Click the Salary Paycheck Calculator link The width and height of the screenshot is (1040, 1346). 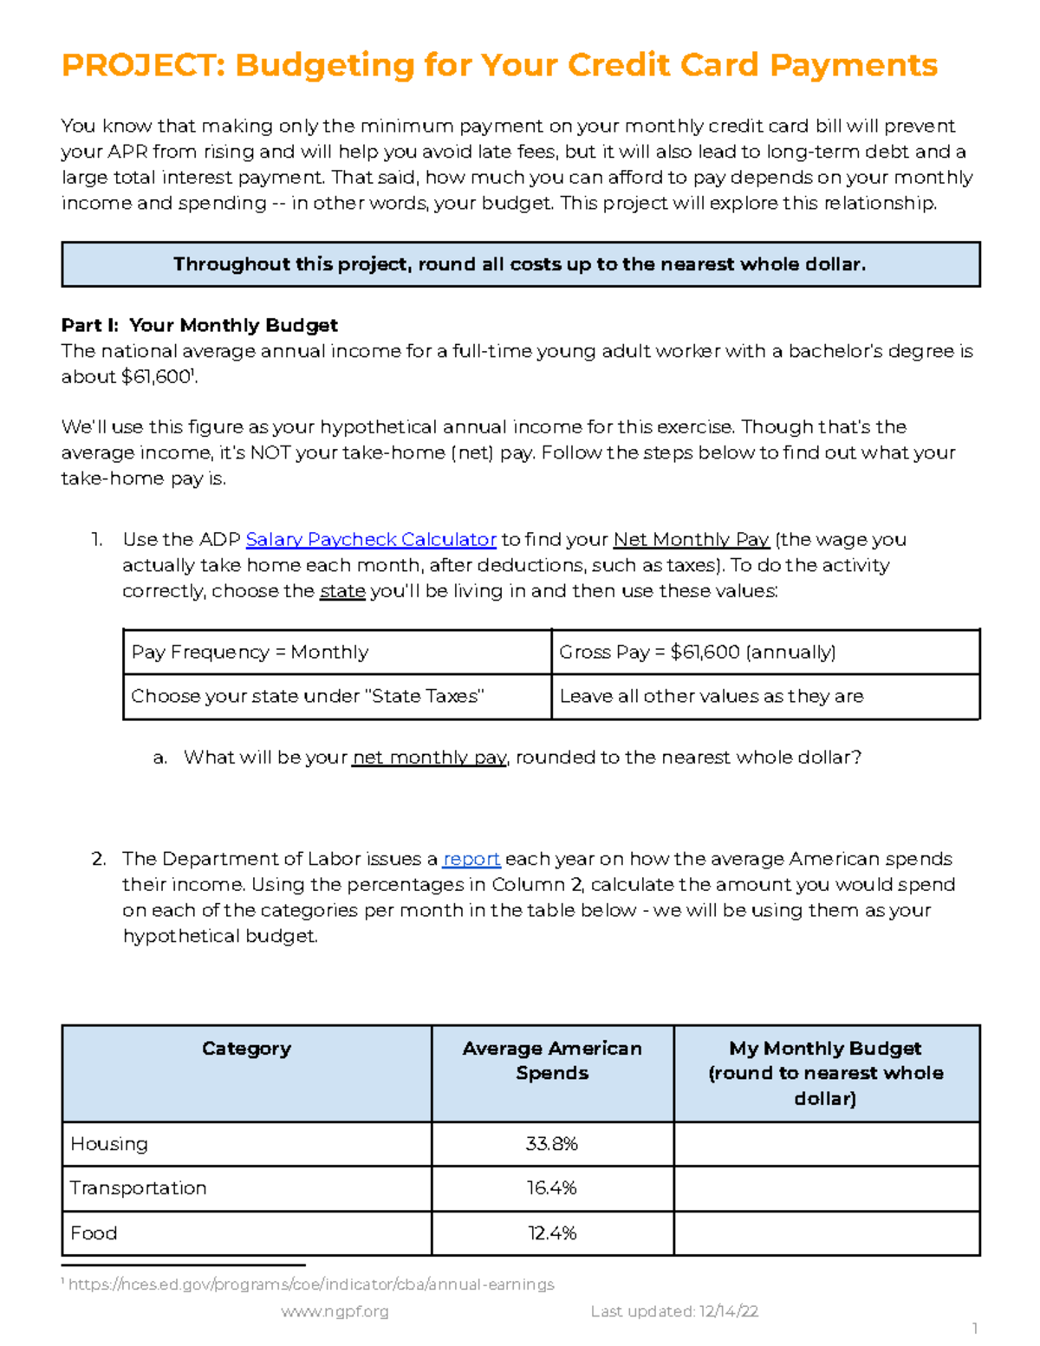(370, 540)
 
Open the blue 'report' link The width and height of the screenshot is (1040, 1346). (471, 859)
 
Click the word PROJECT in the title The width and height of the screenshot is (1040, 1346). (141, 65)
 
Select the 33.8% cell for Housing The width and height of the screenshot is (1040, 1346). (552, 1144)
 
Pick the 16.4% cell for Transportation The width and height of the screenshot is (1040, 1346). (552, 1188)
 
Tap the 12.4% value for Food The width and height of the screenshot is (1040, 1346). (552, 1233)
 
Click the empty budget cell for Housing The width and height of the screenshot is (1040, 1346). (826, 1144)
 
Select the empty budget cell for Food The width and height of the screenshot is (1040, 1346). (826, 1233)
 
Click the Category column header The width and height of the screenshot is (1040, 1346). (246, 1049)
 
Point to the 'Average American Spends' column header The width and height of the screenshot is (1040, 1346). (552, 1061)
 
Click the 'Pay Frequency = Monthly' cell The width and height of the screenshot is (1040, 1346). (250, 653)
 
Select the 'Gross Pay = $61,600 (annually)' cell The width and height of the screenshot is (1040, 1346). (697, 653)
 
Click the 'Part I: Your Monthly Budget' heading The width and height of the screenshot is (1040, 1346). (199, 326)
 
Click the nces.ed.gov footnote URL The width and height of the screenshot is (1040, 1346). (310, 1284)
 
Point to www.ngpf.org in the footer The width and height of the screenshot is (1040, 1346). (335, 1312)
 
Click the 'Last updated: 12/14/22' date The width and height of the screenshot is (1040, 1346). (674, 1312)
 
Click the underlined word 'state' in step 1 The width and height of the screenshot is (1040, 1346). (342, 592)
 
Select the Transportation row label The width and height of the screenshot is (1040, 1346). (139, 1188)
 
